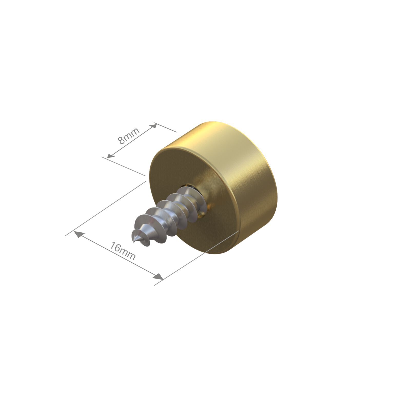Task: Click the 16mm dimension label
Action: point(123,251)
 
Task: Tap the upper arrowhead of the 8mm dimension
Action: point(153,126)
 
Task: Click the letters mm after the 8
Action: point(132,133)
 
